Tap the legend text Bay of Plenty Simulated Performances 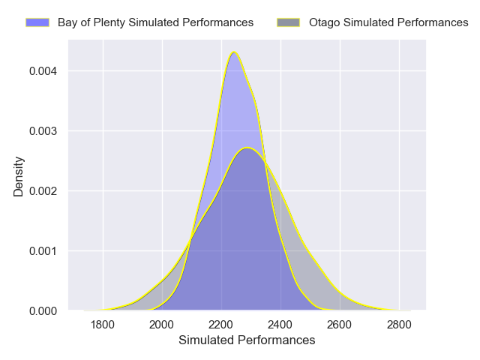(x=155, y=22)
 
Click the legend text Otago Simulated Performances (x=388, y=22)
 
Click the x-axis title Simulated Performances (x=247, y=340)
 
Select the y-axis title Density (x=19, y=175)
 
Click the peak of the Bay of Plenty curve (x=235, y=52)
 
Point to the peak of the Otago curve (x=247, y=148)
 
